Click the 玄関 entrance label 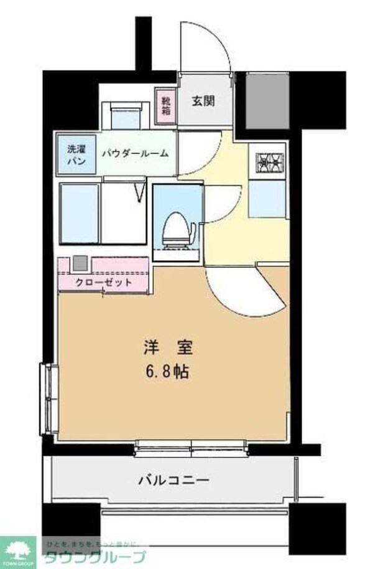pyautogui.click(x=203, y=100)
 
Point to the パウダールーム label pyautogui.click(x=137, y=153)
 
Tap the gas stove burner pyautogui.click(x=269, y=162)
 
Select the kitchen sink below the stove pyautogui.click(x=267, y=199)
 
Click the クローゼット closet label pyautogui.click(x=103, y=282)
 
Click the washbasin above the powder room pyautogui.click(x=126, y=116)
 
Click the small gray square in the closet pyautogui.click(x=79, y=263)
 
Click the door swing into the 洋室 pyautogui.click(x=246, y=291)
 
